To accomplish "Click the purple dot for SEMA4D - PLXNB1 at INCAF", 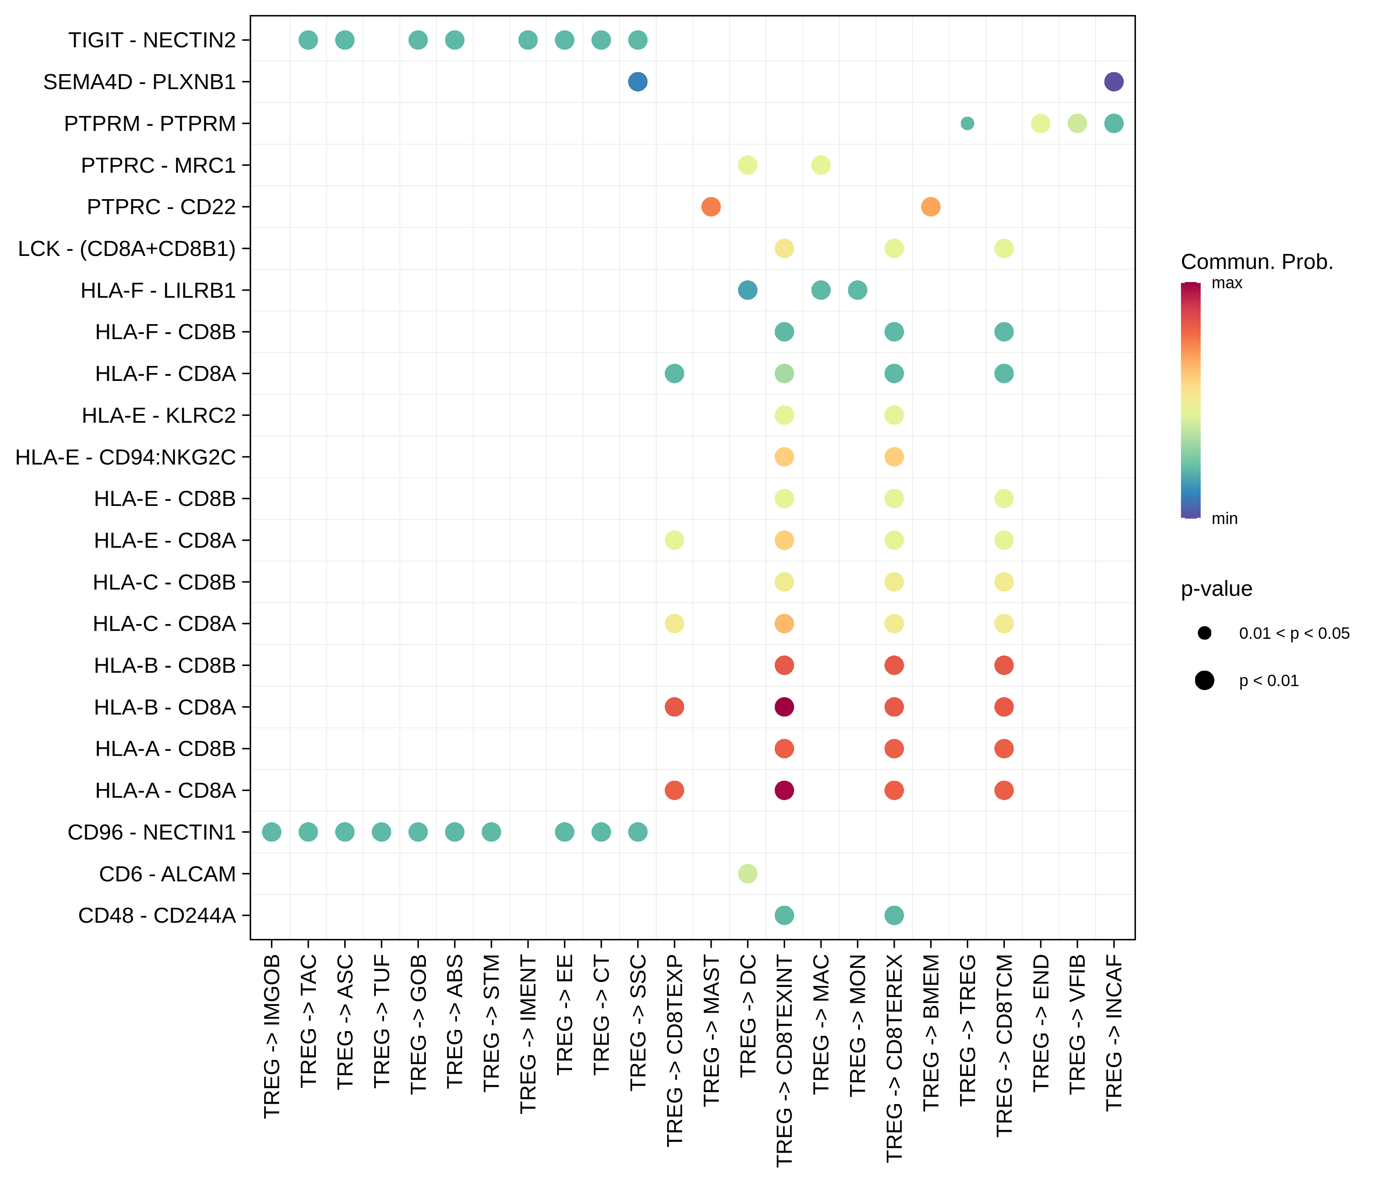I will pyautogui.click(x=1113, y=82).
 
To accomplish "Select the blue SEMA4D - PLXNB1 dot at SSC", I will pyautogui.click(x=638, y=82).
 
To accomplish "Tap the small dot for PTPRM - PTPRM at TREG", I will pyautogui.click(x=967, y=123).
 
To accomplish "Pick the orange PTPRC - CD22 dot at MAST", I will pyautogui.click(x=711, y=207).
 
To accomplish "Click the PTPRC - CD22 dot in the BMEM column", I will pyautogui.click(x=931, y=207).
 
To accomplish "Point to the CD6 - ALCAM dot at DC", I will pyautogui.click(x=747, y=873).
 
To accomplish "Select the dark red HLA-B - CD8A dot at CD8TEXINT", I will pyautogui.click(x=784, y=707).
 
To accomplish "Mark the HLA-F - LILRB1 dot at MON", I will pyautogui.click(x=857, y=290).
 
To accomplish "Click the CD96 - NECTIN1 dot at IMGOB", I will pyautogui.click(x=271, y=832).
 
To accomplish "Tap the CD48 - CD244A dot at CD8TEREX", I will pyautogui.click(x=894, y=915).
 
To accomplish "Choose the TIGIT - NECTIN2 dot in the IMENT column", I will pyautogui.click(x=528, y=40).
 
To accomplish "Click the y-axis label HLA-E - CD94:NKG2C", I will pyautogui.click(x=125, y=457).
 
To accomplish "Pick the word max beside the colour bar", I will pyautogui.click(x=1227, y=283).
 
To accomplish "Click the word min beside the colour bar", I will pyautogui.click(x=1224, y=518).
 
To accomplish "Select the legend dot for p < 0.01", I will pyautogui.click(x=1204, y=680).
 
